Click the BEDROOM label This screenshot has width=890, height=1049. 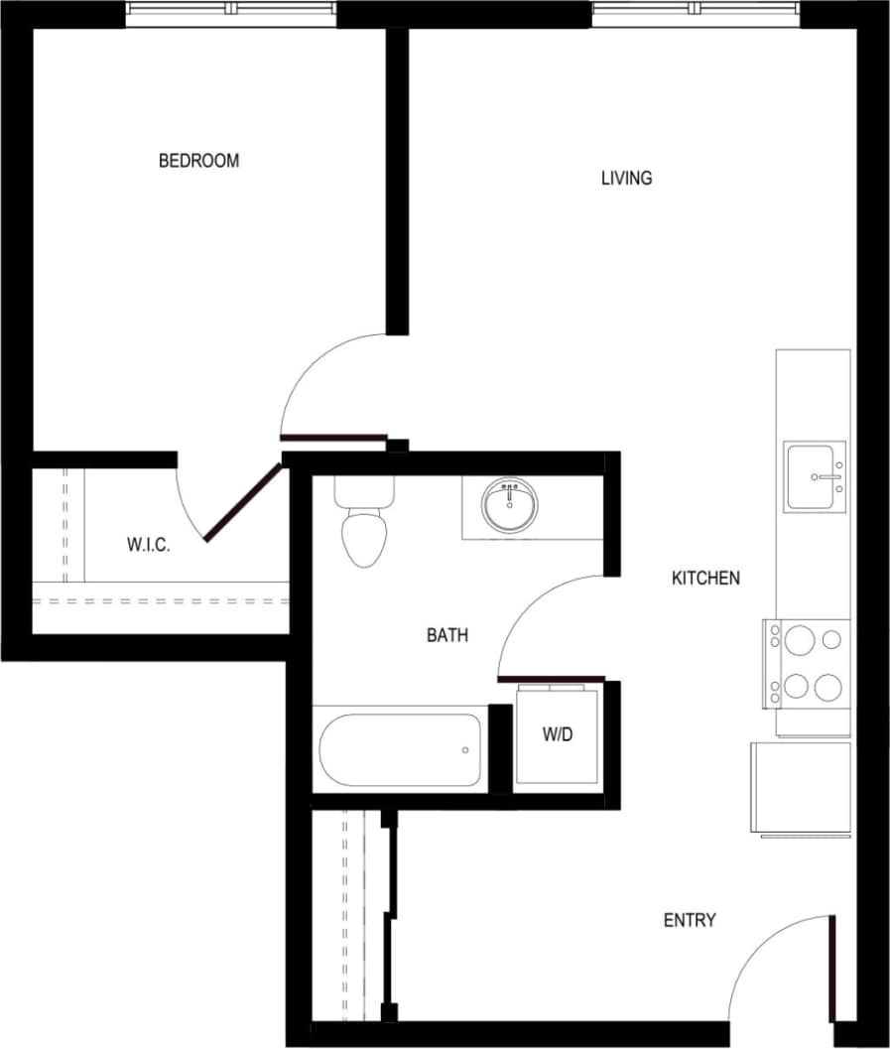pos(198,161)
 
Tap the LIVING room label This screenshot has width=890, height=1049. pos(626,179)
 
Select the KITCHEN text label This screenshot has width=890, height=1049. pos(705,578)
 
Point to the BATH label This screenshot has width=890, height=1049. pos(447,635)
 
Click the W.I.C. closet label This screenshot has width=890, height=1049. pos(149,545)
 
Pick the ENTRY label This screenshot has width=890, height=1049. pos(690,921)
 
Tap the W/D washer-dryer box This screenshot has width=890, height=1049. pos(557,735)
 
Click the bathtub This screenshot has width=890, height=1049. pos(401,749)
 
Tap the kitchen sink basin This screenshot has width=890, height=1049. pos(814,477)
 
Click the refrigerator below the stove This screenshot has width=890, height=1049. pos(801,787)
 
